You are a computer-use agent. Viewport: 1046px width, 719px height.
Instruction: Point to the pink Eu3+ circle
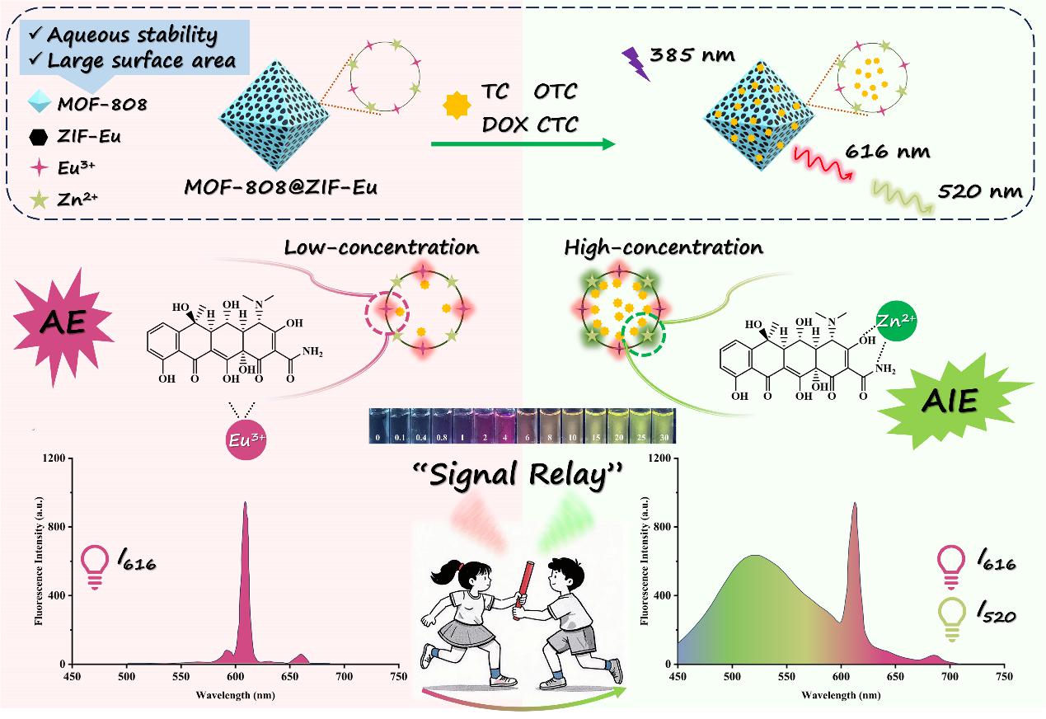[240, 440]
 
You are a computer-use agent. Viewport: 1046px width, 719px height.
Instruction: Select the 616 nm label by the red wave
[888, 153]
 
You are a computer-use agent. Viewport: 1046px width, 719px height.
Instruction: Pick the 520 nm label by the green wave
[979, 192]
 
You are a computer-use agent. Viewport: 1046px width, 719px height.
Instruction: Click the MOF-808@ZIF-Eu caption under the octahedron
[281, 188]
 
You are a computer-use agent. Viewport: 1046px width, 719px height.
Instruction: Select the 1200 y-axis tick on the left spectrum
[54, 458]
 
